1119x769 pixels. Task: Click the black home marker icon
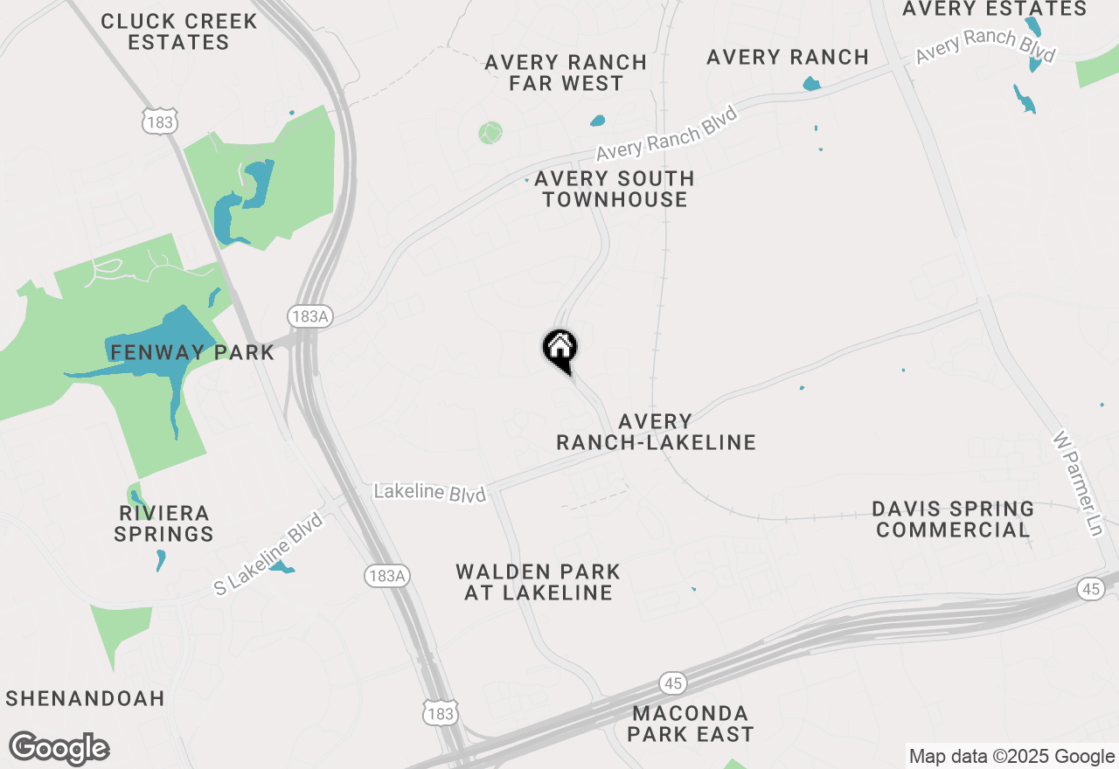click(x=560, y=350)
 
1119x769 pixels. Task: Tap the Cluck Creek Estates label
click(x=178, y=31)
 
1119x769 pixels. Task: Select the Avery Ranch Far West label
click(x=566, y=73)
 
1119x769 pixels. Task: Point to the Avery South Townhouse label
click(x=614, y=189)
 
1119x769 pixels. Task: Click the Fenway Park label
click(x=192, y=353)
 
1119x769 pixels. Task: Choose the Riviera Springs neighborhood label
click(x=163, y=523)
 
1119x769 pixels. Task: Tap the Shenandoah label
click(x=85, y=698)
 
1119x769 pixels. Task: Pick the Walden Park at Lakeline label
click(x=538, y=582)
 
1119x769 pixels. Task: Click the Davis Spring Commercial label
click(x=953, y=519)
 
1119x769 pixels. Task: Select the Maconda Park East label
click(x=690, y=724)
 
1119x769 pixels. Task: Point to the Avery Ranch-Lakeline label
click(x=656, y=433)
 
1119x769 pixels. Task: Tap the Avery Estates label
click(x=994, y=10)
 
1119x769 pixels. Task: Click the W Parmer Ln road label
click(x=1080, y=482)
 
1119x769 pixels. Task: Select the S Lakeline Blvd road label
click(x=268, y=555)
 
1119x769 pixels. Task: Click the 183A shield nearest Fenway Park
click(x=309, y=316)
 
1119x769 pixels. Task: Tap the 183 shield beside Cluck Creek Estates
click(x=160, y=121)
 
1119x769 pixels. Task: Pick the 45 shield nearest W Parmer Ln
click(x=1090, y=589)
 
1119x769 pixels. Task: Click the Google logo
click(x=59, y=749)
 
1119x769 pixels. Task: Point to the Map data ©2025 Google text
click(x=1011, y=757)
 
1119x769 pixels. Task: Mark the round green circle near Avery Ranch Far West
click(x=490, y=133)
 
